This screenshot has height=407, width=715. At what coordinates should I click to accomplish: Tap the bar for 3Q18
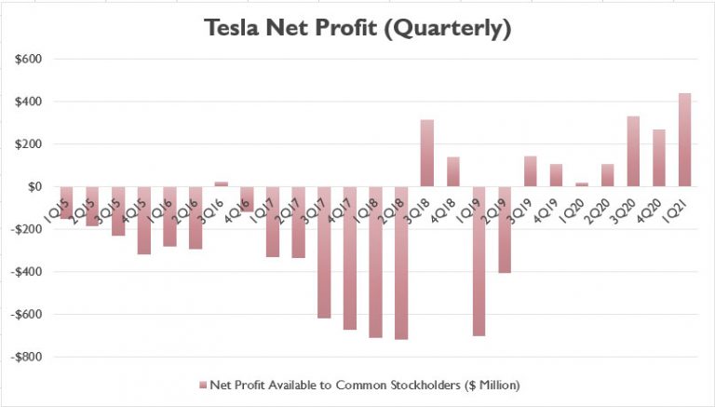(427, 153)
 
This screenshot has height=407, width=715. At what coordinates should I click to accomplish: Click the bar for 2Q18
(401, 263)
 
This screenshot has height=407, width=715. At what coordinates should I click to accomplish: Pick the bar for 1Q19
(479, 261)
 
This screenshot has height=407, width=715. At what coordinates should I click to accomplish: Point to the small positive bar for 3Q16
(221, 184)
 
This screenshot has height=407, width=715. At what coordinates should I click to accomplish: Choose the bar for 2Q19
(505, 229)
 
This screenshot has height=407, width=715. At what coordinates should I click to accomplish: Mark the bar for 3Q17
(324, 252)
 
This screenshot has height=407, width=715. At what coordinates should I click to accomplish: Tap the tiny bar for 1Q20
(582, 184)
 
